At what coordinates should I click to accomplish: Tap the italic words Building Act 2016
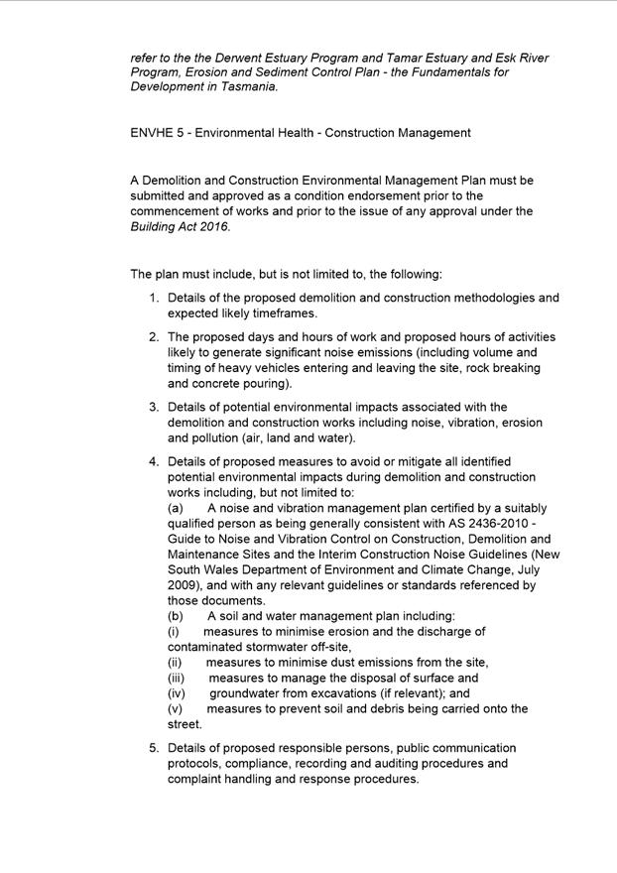179,227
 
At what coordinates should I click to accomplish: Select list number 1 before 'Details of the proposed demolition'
154,298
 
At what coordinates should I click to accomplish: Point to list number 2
154,337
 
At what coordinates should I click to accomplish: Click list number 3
154,407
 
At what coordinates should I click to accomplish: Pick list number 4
154,461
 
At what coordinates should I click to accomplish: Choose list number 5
154,748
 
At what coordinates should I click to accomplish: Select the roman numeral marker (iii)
177,678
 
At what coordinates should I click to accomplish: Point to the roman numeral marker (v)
176,709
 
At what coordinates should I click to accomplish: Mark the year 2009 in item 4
184,585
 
